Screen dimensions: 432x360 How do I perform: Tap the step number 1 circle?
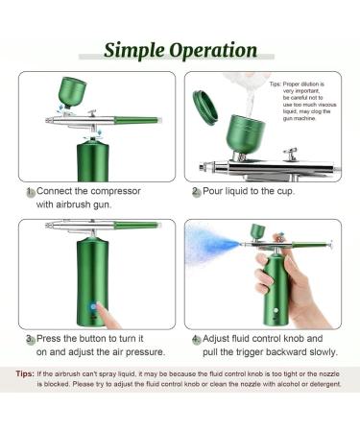31,192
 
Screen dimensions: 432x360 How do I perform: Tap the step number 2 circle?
196,192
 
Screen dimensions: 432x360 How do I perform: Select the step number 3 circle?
31,339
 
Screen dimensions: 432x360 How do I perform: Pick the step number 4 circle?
196,339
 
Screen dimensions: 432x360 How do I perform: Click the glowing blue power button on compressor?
93,308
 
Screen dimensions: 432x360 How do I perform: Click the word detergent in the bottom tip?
322,384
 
